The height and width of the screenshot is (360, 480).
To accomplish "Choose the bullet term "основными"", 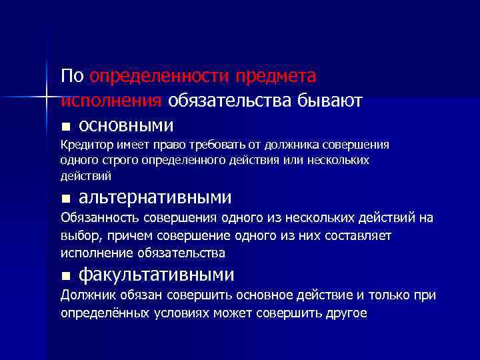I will [x=127, y=125].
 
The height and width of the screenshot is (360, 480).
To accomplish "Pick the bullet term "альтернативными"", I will [x=155, y=198].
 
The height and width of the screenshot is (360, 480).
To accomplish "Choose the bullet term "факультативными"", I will [x=157, y=275].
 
